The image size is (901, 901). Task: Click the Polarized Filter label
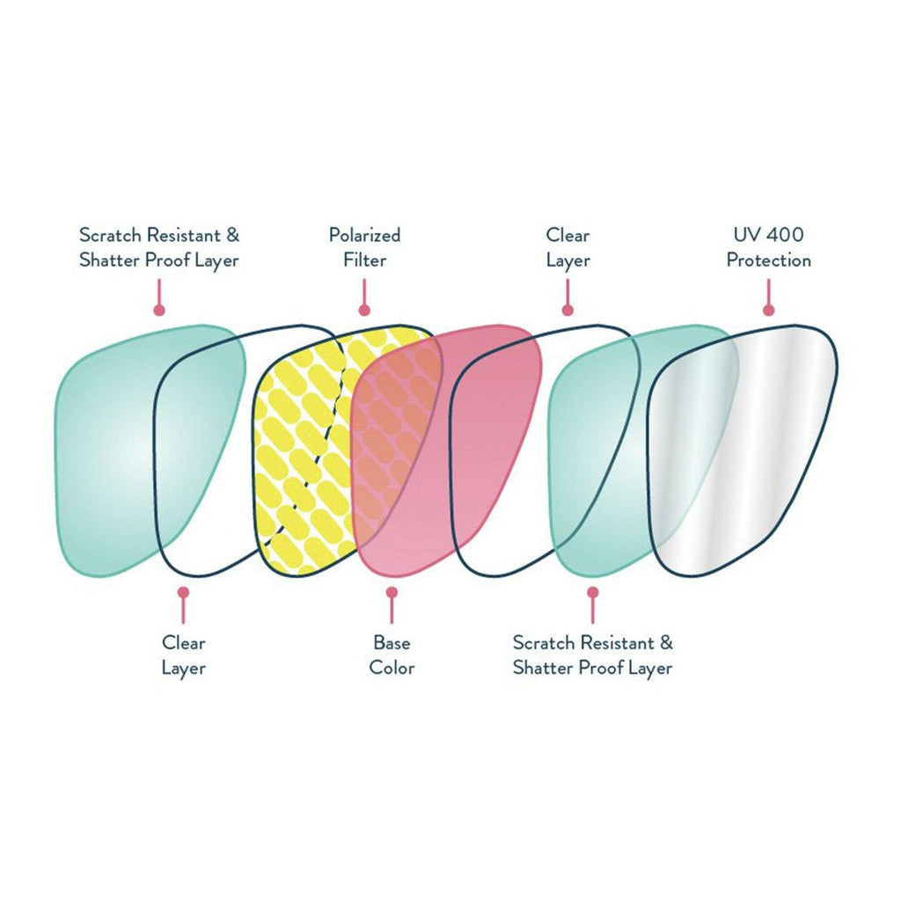pyautogui.click(x=364, y=247)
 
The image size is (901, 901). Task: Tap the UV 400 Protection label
pyautogui.click(x=768, y=247)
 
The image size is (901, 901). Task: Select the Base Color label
pyautogui.click(x=392, y=654)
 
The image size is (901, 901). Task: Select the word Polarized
pyautogui.click(x=364, y=235)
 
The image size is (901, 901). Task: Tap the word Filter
pyautogui.click(x=364, y=260)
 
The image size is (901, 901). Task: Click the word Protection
pyautogui.click(x=768, y=260)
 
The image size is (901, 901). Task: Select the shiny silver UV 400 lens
pyautogui.click(x=748, y=449)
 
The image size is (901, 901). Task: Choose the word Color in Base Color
pyautogui.click(x=392, y=667)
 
